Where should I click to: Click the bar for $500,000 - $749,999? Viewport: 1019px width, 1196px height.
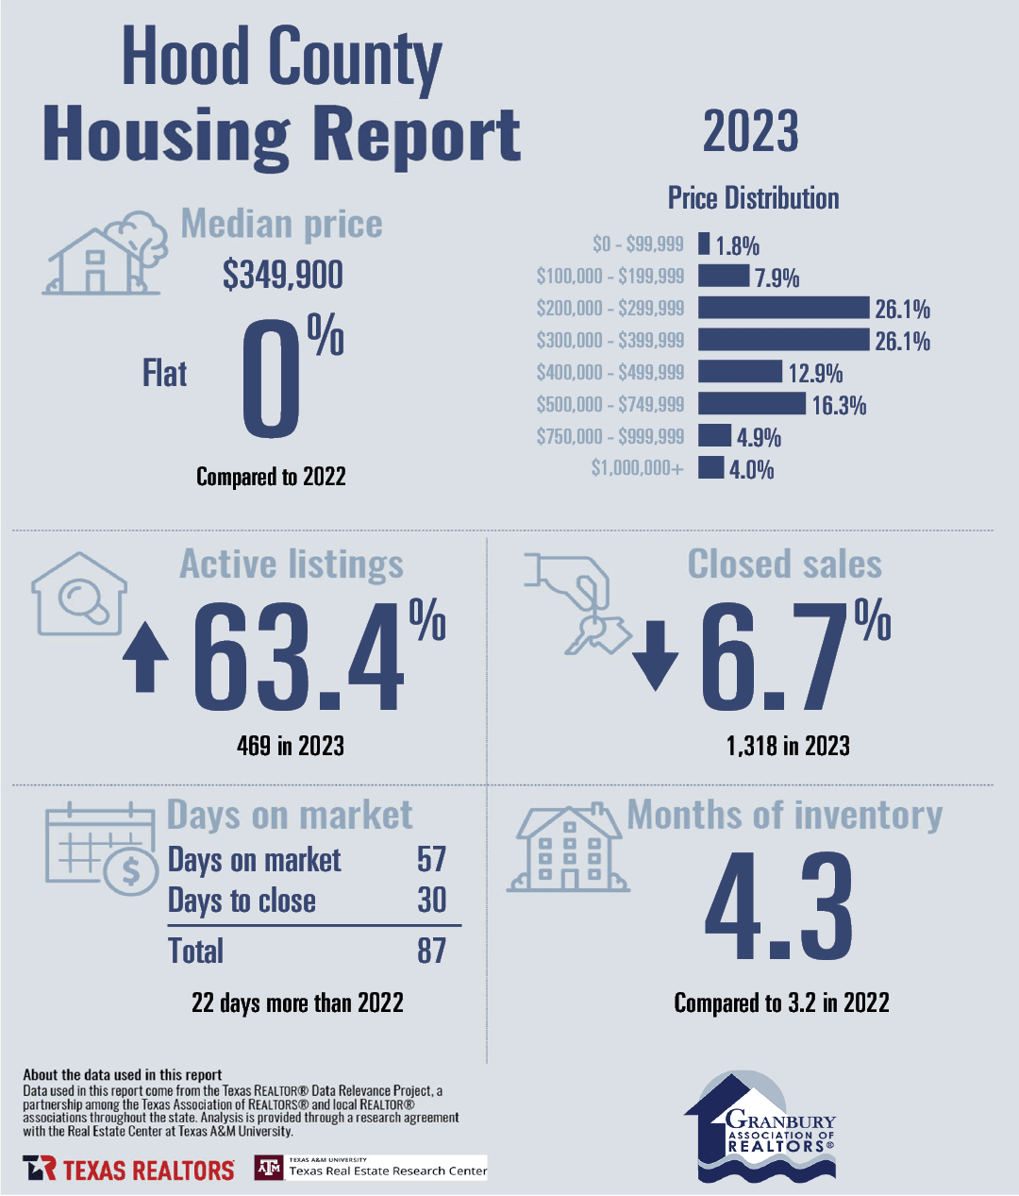point(751,403)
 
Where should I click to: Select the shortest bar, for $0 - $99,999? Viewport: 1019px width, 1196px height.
point(703,244)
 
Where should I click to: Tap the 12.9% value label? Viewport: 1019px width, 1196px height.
point(815,373)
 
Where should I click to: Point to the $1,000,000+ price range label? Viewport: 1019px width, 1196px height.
point(637,467)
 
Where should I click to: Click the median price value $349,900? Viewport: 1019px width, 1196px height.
point(283,275)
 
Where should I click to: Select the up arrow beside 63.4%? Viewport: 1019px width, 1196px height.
point(145,657)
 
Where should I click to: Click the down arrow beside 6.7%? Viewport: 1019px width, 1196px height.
point(655,655)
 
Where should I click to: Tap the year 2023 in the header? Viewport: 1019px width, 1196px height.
point(750,131)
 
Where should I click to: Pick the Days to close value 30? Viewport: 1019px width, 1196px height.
point(431,900)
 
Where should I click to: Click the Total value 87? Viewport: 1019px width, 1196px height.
point(431,951)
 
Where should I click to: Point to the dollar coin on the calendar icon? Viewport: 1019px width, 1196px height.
point(131,871)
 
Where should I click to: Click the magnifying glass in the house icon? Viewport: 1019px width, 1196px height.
point(84,600)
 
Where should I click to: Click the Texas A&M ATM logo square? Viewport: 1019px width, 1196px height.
point(269,1168)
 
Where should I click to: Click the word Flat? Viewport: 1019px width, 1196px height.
point(165,374)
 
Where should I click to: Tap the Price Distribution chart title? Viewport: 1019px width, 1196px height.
point(753,198)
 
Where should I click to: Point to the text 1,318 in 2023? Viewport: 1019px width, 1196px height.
point(788,746)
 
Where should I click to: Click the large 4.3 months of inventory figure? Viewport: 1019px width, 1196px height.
point(778,906)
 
